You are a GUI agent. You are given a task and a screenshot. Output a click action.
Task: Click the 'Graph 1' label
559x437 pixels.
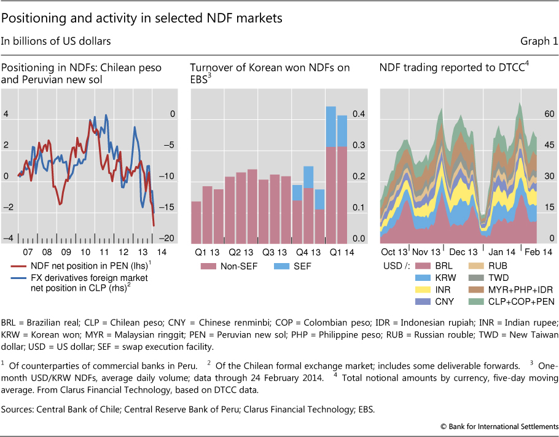coord(536,41)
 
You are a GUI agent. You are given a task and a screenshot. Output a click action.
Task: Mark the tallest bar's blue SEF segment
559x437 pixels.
coord(330,127)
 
